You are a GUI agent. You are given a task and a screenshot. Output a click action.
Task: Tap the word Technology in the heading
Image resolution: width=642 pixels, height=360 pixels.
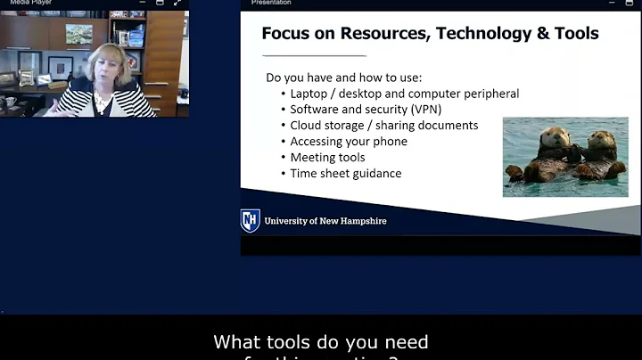click(473, 34)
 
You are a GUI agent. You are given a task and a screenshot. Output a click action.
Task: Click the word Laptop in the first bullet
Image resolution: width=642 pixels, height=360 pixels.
click(309, 94)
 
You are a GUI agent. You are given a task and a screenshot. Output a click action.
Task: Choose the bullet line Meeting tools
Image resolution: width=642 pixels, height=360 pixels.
click(327, 158)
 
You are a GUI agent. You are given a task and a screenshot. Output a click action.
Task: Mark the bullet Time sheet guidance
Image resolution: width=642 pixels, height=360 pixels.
click(345, 174)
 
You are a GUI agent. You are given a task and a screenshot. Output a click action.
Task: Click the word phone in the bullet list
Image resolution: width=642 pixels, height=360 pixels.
click(391, 142)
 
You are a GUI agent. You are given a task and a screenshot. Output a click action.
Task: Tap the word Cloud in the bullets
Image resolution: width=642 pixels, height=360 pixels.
click(306, 126)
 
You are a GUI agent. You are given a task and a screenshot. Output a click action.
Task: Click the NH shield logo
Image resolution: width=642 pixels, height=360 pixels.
click(251, 221)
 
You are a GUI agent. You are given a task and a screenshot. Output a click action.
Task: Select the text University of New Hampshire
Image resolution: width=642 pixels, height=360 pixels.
click(325, 221)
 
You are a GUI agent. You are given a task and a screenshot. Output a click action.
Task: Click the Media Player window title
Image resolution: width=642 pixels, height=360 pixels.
click(22, 3)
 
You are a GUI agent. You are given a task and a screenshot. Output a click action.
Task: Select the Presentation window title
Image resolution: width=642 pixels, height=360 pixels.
click(271, 3)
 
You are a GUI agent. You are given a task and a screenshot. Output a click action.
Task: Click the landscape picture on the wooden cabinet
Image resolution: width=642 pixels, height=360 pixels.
click(78, 34)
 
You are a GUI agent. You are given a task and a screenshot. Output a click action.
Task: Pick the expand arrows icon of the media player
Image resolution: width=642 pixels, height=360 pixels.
click(176, 3)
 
